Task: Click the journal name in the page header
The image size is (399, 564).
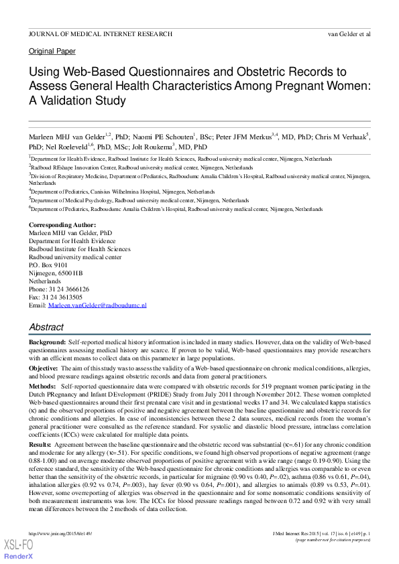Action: [100, 33]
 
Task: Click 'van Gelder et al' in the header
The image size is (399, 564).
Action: [349, 33]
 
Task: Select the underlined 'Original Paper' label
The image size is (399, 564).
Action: [52, 52]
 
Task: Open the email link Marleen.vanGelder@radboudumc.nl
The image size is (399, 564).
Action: [97, 305]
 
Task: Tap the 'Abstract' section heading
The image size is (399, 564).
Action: [46, 328]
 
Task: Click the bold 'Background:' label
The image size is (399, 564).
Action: [47, 342]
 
